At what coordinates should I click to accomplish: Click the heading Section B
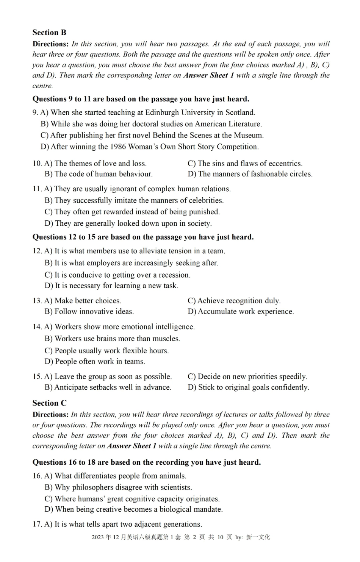click(49, 33)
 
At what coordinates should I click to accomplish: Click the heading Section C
click(49, 403)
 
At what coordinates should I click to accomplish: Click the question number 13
click(37, 301)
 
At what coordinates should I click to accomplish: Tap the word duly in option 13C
click(272, 301)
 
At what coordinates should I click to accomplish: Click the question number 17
click(37, 525)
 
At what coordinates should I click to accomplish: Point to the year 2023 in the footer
click(97, 537)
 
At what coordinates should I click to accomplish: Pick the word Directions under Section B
click(50, 44)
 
